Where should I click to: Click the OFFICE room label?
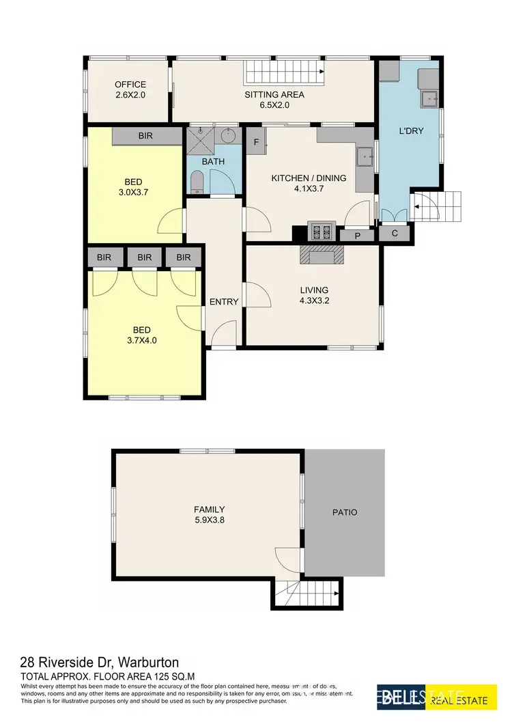tap(130, 85)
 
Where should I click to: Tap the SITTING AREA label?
tap(274, 95)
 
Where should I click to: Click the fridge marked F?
tap(256, 142)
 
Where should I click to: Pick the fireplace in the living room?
tap(320, 255)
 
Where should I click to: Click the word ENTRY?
tap(224, 302)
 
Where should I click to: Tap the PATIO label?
tap(345, 512)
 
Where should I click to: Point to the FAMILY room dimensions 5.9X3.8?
tap(209, 520)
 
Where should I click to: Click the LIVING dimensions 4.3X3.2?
tap(313, 301)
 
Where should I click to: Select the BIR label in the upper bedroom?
tap(145, 136)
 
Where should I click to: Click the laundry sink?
tap(431, 100)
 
